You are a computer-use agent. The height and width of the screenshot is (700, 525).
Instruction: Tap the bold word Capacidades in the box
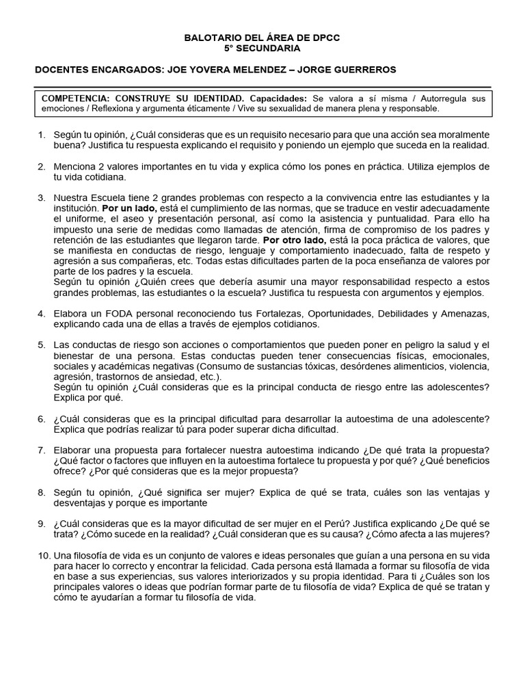click(x=278, y=98)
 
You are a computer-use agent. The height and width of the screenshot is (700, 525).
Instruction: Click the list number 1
click(x=41, y=135)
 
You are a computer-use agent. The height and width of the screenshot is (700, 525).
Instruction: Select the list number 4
click(x=41, y=314)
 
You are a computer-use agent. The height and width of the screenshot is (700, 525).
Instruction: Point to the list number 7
click(x=41, y=450)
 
